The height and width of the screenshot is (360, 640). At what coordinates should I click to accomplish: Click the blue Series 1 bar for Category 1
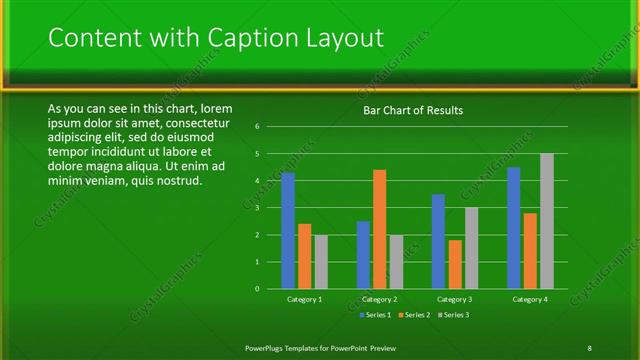pos(288,231)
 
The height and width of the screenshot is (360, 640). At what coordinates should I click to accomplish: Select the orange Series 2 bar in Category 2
pos(379,229)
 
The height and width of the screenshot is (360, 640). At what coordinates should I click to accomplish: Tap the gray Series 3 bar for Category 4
pos(546,221)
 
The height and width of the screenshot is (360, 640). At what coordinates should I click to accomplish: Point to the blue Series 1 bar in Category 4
pos(514,228)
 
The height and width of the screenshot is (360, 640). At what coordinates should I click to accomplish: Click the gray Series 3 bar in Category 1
pos(321,262)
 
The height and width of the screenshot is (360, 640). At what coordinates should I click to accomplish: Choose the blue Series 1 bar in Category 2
pos(363,255)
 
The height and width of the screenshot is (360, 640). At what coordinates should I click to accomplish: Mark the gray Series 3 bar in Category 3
pos(471,248)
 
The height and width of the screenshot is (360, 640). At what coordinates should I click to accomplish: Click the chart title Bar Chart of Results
pos(412,110)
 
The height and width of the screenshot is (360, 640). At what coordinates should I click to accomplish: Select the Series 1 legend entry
pos(373,315)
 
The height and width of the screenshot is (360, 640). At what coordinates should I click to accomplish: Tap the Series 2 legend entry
pos(412,315)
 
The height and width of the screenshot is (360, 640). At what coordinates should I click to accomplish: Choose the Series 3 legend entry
pos(451,315)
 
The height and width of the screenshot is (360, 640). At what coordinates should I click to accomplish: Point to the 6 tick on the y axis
pos(258,127)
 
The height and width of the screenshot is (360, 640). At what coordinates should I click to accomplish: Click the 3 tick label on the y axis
pos(258,208)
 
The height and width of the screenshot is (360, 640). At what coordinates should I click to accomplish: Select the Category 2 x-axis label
pos(379,300)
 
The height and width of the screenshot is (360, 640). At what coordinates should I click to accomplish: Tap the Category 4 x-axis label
pos(529,300)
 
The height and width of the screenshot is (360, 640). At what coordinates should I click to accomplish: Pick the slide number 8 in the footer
pos(589,347)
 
